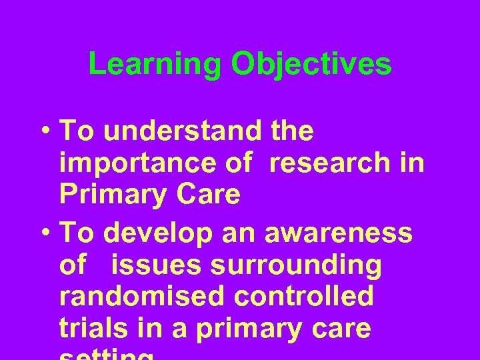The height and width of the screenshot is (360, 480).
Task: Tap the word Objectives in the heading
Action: point(311,65)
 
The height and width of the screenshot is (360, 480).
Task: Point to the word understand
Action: point(183,131)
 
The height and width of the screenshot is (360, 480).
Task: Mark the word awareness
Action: point(339,233)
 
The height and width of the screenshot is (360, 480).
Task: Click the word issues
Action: point(156,265)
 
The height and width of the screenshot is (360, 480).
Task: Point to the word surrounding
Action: point(296,266)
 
